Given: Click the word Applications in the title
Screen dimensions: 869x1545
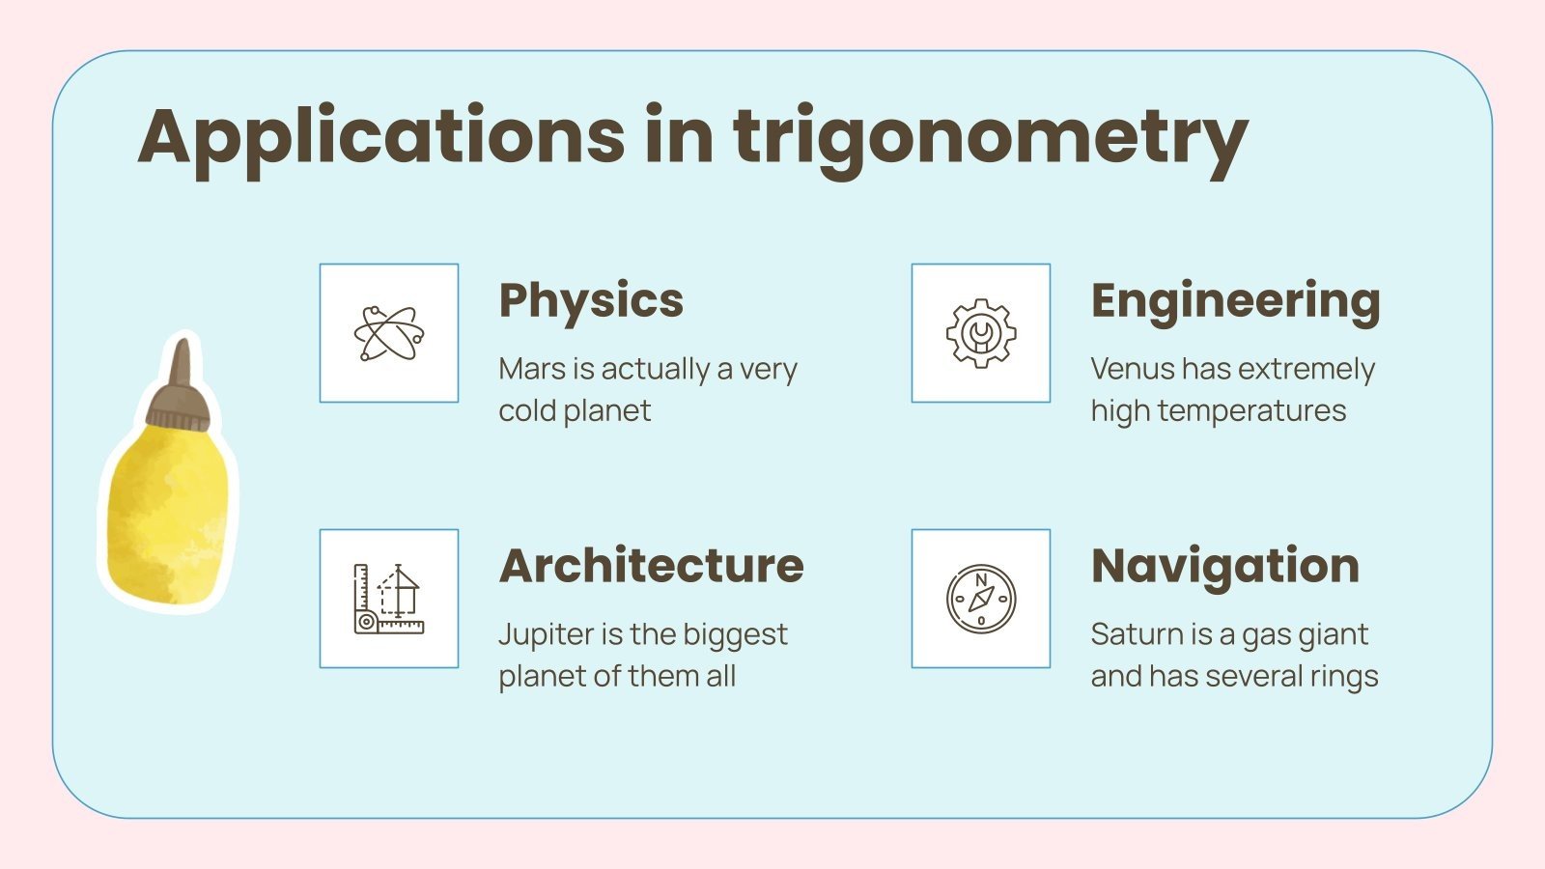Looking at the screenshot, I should [x=381, y=137].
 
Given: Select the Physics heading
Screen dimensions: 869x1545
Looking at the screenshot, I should [x=591, y=300].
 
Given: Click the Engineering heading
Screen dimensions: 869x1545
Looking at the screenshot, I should [x=1235, y=300].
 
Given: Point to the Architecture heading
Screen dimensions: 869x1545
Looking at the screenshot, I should [x=651, y=566].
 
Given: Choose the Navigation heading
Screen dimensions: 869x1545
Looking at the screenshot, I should [x=1224, y=566].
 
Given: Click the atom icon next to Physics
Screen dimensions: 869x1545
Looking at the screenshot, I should [x=389, y=333].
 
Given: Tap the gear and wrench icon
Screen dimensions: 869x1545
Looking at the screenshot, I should [x=981, y=333].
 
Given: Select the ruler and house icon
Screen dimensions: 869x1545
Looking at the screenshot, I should [x=389, y=599].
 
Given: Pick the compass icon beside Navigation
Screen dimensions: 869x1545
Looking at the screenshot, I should [x=981, y=599].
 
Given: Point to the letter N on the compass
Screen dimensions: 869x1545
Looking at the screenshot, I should [x=981, y=580].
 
